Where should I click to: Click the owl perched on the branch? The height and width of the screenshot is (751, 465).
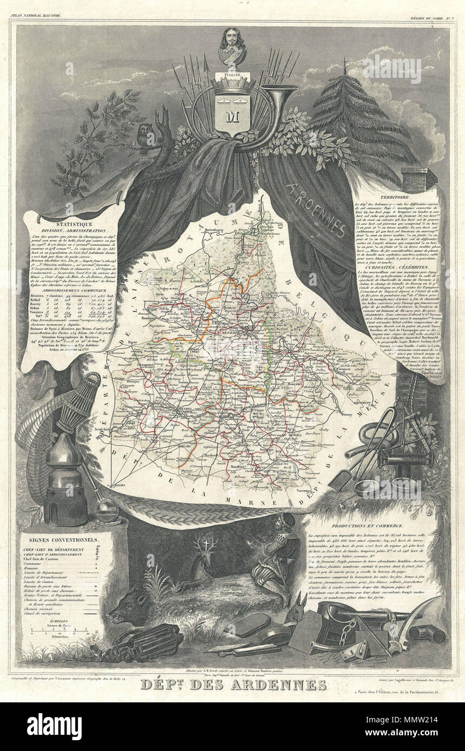point(144,136)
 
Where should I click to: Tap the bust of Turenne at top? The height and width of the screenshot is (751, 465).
point(232,45)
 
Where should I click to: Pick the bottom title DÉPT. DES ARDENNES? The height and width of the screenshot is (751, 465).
point(233,685)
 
